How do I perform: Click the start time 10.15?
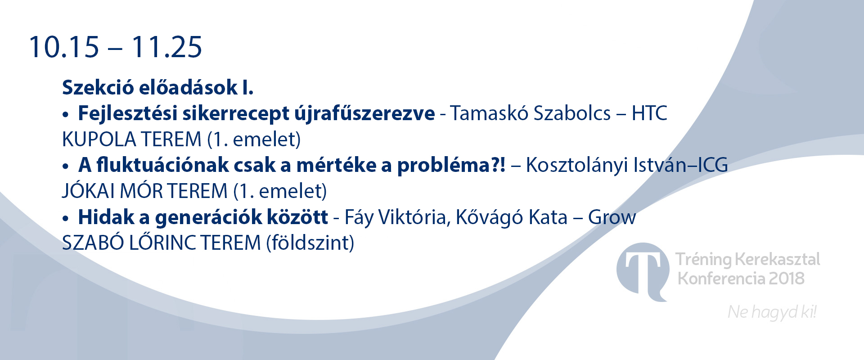tap(64, 47)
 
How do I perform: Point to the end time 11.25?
tap(166, 47)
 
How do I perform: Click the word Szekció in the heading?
tap(98, 87)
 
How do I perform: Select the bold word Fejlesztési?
tap(127, 113)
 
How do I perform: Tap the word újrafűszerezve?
tap(364, 113)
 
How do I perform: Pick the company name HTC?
tap(649, 113)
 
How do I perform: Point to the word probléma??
tap(451, 165)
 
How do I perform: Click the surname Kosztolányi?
tap(577, 165)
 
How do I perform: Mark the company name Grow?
tap(612, 217)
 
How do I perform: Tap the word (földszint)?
tap(310, 243)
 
